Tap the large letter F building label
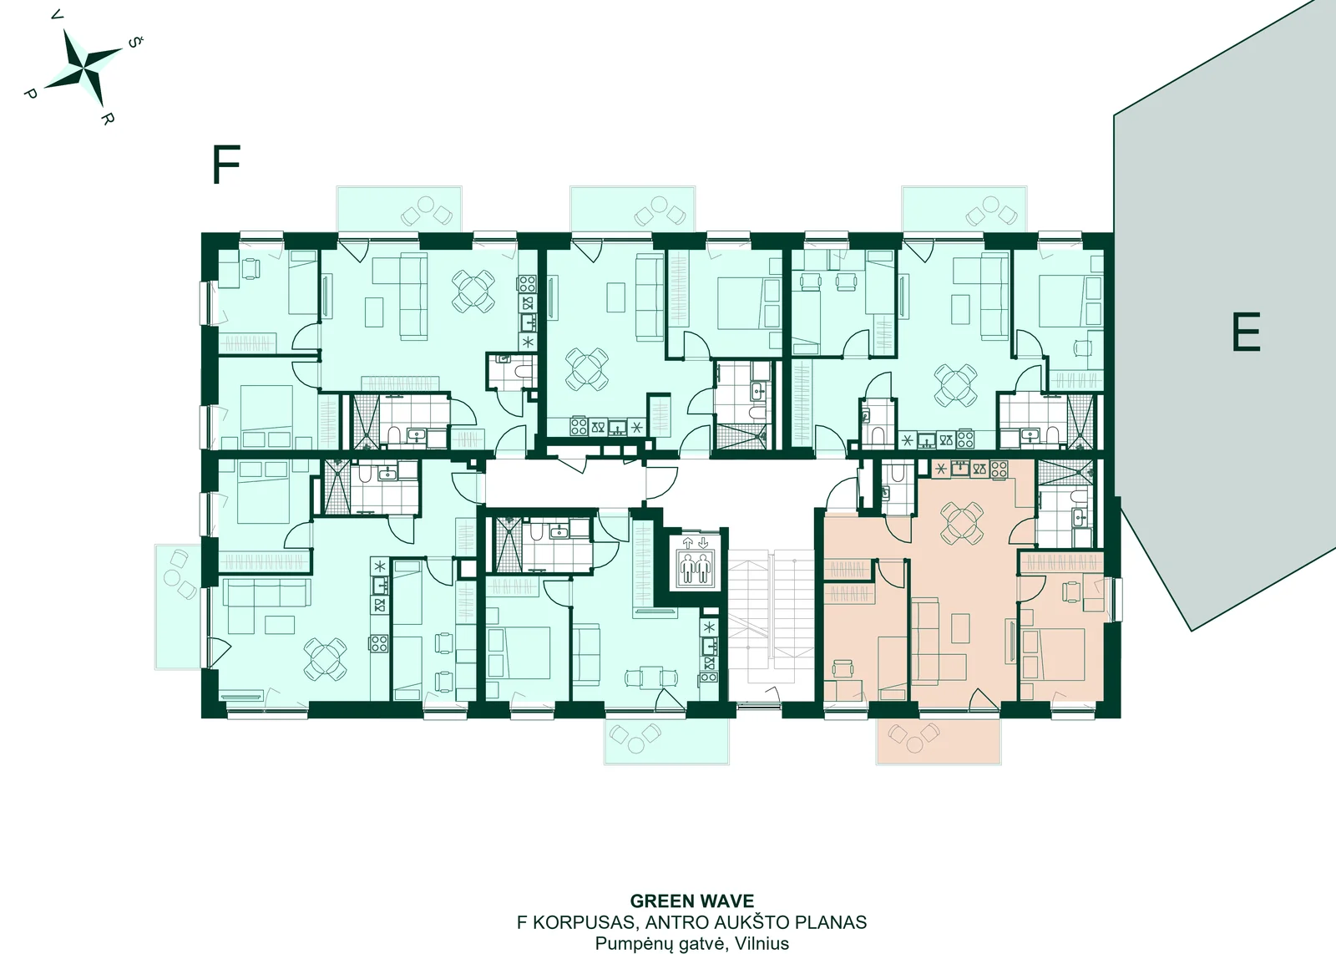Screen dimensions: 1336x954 [226, 165]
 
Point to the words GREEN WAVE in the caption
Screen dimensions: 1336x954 [692, 901]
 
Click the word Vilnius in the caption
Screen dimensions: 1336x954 [762, 943]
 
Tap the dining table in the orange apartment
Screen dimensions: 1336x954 [962, 523]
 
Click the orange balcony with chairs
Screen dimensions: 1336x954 [939, 741]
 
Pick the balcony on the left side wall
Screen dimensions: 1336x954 [179, 606]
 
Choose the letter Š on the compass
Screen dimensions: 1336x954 [134, 43]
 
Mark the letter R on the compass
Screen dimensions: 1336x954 [106, 119]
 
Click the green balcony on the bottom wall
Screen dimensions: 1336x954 [666, 741]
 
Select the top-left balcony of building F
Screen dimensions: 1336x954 [399, 209]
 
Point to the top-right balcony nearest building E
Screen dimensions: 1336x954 [964, 209]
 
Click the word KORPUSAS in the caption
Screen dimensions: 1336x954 [576, 922]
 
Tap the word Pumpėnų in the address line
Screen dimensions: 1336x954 [630, 944]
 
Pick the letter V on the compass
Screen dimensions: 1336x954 [58, 16]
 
